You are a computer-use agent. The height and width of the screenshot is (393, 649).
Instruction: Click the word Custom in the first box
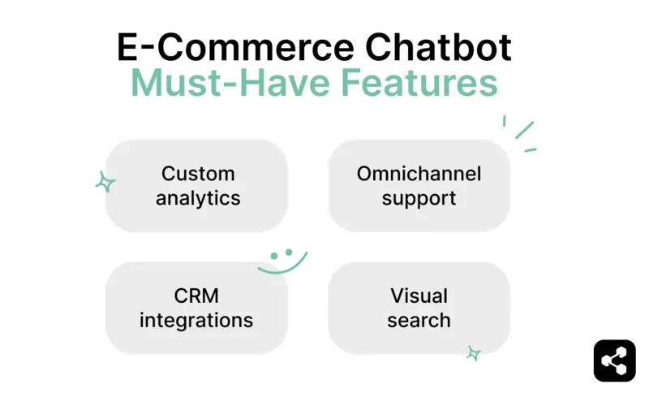point(198,174)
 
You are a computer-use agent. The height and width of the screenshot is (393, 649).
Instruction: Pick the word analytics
point(198,197)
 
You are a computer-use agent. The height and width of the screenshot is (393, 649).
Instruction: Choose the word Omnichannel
point(419,174)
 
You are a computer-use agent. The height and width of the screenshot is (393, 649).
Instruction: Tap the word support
point(419,198)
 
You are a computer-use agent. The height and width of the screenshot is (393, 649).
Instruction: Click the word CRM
point(196,296)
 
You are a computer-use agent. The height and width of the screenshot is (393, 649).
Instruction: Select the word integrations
point(196,319)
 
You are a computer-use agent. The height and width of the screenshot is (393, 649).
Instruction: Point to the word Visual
point(419,296)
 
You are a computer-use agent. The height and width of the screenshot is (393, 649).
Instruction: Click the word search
point(419,319)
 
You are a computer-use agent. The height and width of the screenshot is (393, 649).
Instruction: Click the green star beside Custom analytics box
point(105,182)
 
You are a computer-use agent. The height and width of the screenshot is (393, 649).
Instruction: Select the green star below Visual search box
point(473,352)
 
